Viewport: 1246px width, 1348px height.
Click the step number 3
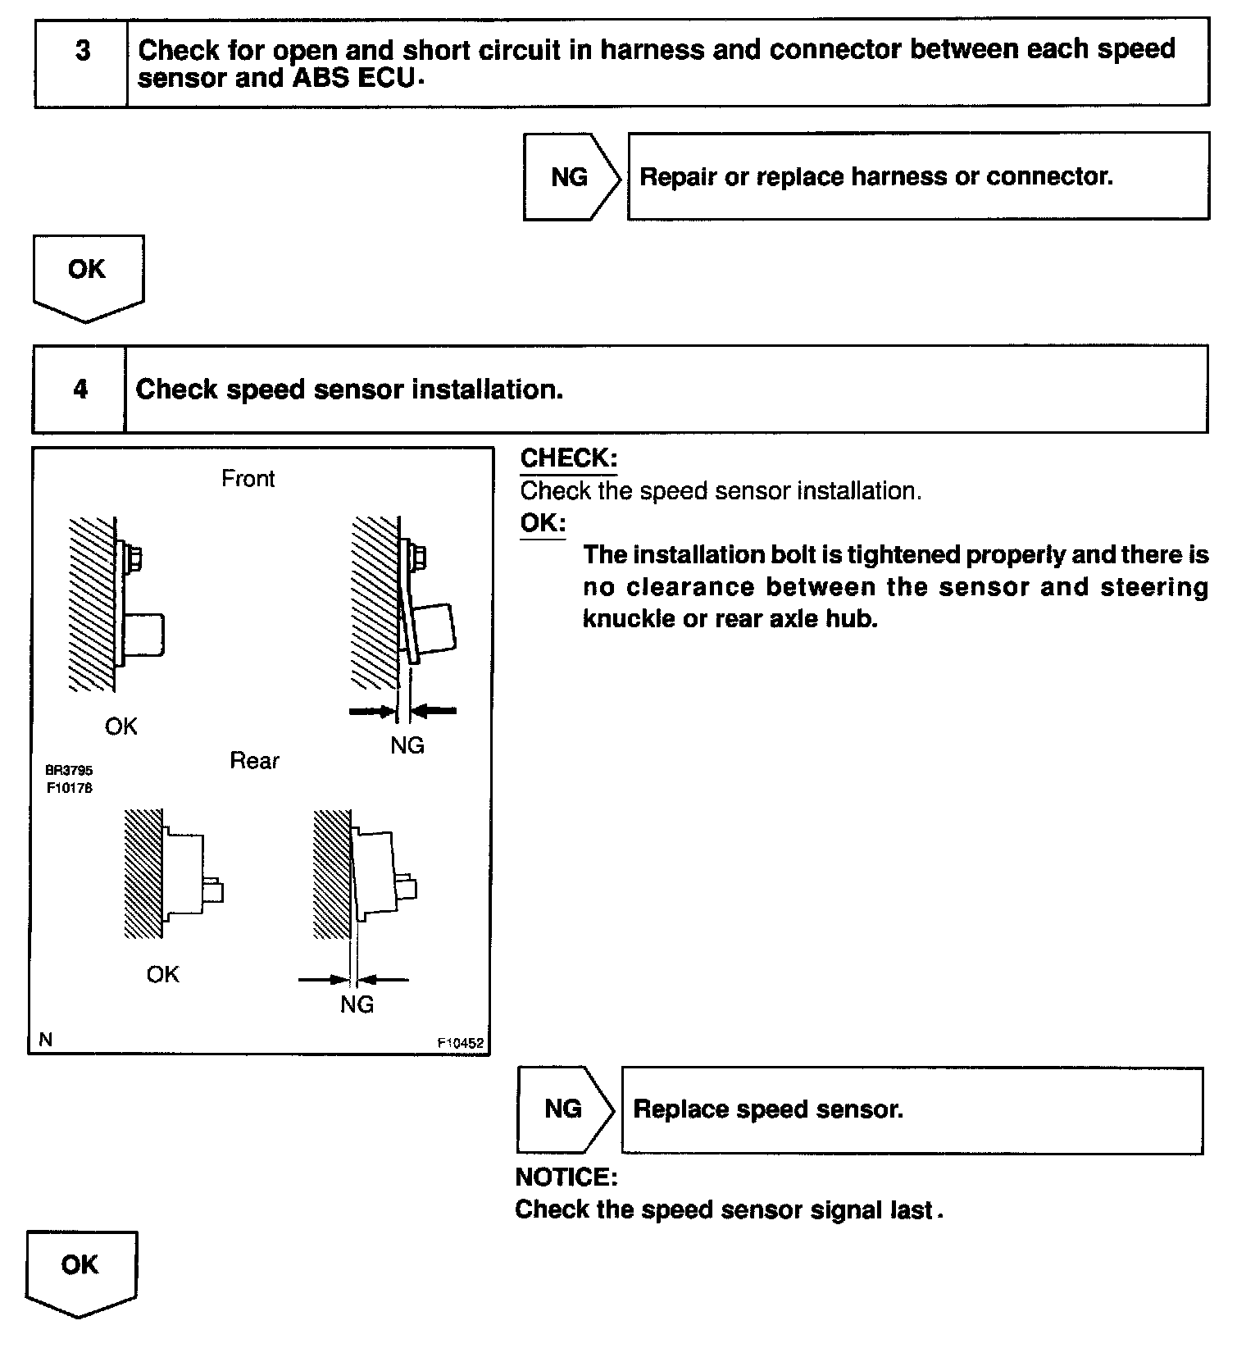[83, 52]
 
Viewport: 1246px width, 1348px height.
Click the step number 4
[80, 389]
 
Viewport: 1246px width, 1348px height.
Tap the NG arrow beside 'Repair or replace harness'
[571, 177]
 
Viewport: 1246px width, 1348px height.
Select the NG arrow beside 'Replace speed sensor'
[564, 1109]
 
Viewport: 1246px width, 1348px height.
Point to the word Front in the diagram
[248, 479]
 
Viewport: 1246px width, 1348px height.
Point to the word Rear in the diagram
[254, 761]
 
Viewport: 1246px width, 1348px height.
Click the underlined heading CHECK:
[569, 458]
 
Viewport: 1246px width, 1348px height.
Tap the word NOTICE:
[566, 1177]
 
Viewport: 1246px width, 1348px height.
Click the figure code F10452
[460, 1044]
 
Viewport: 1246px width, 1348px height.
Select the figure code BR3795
[69, 771]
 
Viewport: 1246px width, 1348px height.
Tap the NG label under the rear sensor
[357, 1004]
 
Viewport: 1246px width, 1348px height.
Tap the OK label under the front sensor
[121, 726]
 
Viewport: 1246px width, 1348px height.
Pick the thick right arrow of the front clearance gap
[434, 711]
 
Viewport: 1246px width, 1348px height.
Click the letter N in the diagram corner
[46, 1040]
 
